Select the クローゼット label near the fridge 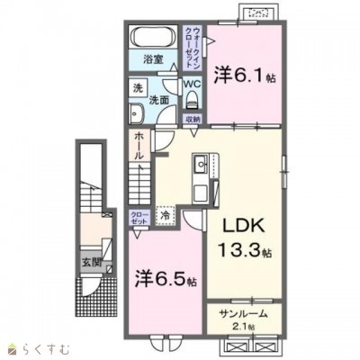[140, 218]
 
